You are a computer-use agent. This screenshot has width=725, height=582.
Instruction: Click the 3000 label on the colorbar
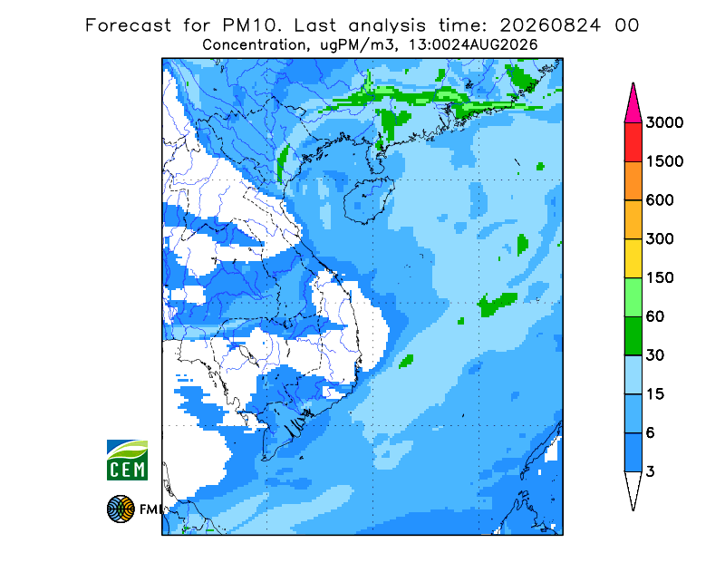tap(664, 122)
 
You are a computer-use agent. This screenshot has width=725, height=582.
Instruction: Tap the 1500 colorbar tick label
tap(664, 161)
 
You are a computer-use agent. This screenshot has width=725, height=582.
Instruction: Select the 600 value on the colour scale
tap(660, 200)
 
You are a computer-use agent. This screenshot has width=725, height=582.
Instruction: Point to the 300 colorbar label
tap(660, 239)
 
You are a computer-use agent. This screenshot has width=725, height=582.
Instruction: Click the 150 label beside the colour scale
tap(660, 278)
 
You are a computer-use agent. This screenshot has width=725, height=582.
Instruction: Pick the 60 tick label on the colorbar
tap(655, 317)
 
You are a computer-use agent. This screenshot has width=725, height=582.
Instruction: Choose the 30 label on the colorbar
tap(655, 355)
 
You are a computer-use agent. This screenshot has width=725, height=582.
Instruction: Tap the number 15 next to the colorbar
tap(655, 394)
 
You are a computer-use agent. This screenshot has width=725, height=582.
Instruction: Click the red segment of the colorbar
tap(633, 142)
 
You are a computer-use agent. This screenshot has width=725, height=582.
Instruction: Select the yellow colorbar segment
tap(633, 258)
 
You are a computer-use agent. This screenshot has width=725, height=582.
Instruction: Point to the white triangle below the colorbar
tap(633, 488)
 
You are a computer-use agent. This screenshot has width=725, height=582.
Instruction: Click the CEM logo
tap(127, 460)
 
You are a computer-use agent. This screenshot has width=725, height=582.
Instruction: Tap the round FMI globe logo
tap(121, 509)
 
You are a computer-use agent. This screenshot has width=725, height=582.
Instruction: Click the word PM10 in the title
tap(251, 25)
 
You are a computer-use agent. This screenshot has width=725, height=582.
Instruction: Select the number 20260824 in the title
tap(550, 25)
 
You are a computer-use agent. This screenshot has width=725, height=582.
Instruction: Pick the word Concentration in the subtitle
tap(254, 45)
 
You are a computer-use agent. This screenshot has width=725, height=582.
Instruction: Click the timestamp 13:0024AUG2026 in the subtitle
tap(473, 45)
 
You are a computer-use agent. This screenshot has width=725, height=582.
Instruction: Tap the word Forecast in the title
tap(128, 25)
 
